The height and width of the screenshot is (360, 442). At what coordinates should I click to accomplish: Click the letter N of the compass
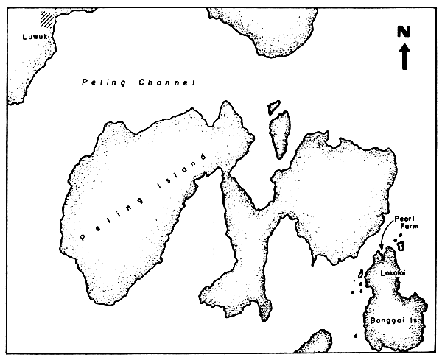pos(403,32)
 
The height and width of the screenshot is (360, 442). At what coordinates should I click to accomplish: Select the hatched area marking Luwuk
pos(49,17)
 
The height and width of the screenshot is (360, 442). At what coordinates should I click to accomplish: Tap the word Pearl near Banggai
pos(407,219)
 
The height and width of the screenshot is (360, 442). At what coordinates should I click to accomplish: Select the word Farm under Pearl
pos(407,227)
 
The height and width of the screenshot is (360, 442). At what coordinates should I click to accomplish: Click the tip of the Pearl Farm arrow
pos(382,252)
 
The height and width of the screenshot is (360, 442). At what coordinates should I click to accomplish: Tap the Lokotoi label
pos(391,272)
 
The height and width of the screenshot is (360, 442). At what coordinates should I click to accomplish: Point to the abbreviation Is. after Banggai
pos(414,322)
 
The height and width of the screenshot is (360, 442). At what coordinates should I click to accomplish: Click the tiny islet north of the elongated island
pos(274,106)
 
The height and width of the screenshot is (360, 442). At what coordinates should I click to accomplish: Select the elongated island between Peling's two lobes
pos(278,133)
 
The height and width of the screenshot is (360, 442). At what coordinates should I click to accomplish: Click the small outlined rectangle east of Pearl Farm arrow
pos(401,245)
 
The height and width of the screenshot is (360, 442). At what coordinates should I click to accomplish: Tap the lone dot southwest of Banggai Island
pos(356,336)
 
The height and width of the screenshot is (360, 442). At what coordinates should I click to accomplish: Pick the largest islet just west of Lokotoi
pos(359,274)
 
